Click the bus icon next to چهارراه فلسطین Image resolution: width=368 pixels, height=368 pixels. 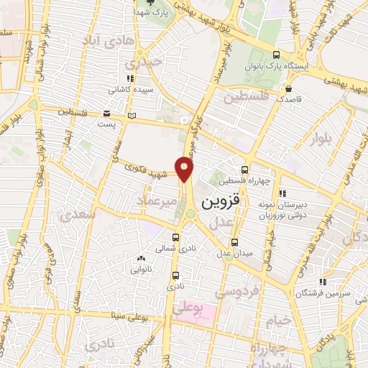pos(244,170)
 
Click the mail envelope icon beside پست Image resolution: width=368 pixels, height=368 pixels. pos(106,114)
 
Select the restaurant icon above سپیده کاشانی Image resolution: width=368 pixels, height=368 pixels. pos(129,79)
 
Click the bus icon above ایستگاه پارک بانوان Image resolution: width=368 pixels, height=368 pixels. pos(277,55)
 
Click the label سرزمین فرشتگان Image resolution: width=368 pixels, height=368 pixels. pos(331,293)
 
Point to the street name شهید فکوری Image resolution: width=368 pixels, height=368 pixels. pos(141,170)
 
